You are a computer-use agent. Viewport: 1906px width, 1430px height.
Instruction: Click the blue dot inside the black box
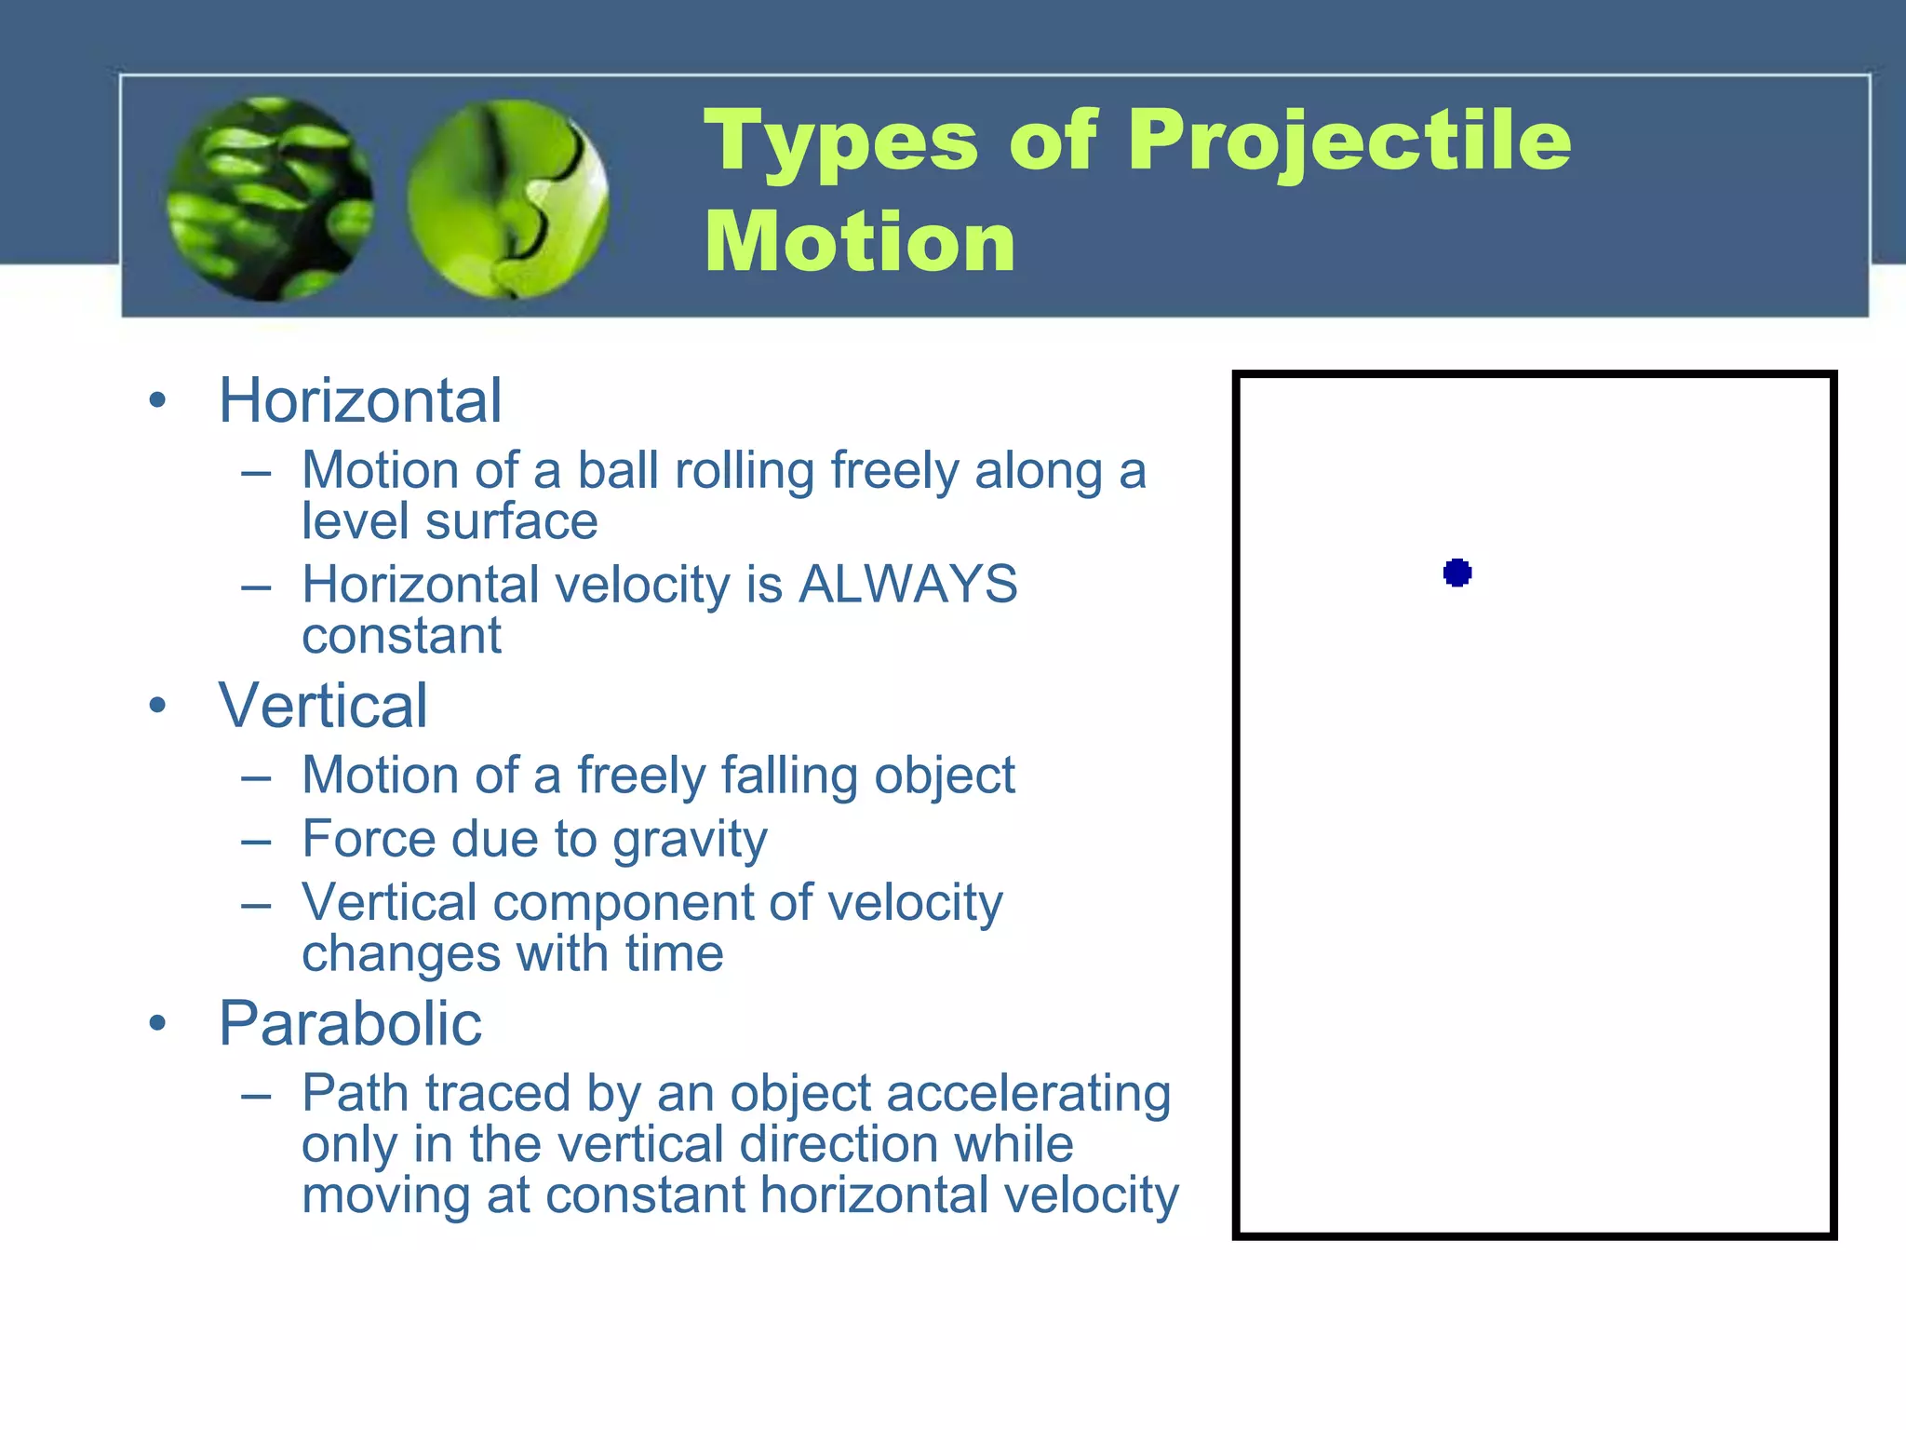click(1457, 573)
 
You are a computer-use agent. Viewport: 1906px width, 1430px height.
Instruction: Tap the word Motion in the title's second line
click(860, 242)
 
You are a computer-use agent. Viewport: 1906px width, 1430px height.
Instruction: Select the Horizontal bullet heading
click(360, 401)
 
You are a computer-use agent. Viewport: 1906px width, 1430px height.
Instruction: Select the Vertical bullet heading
click(323, 706)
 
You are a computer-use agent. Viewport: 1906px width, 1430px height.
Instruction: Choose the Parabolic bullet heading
click(350, 1024)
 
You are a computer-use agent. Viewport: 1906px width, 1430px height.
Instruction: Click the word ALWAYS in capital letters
click(908, 585)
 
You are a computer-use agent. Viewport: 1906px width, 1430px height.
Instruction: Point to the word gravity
click(690, 841)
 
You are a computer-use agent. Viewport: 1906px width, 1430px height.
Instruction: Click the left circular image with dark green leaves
click(270, 199)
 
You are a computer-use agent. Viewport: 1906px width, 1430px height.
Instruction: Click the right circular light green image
click(508, 199)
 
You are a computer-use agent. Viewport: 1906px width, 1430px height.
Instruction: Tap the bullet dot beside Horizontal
click(157, 401)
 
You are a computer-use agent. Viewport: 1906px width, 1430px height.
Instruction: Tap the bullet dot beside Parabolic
click(157, 1024)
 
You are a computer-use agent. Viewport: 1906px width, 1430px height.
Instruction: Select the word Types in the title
click(840, 142)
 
